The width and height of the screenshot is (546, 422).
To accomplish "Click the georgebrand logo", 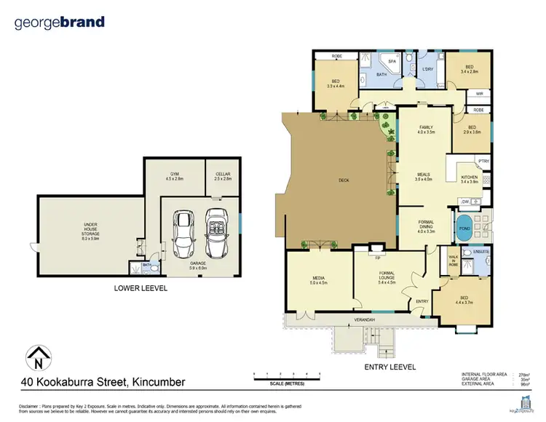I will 60,23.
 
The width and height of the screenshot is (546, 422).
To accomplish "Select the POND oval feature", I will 463,226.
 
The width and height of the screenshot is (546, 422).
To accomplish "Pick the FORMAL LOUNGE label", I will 387,276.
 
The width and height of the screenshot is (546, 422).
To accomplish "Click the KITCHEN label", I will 469,178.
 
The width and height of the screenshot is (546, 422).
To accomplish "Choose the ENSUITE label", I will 482,252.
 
